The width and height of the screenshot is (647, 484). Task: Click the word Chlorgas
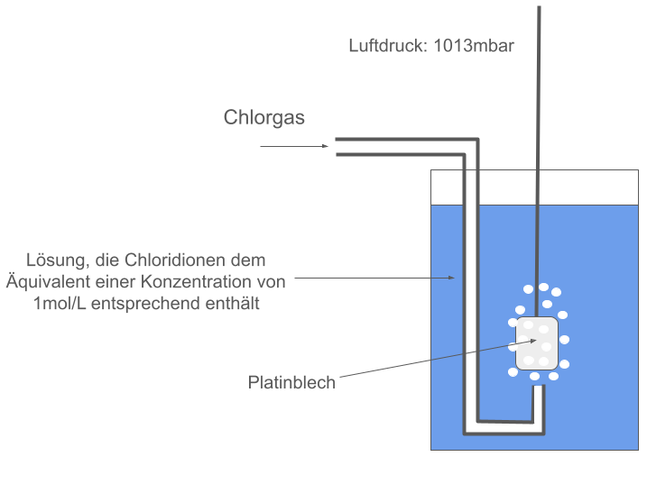coord(263,118)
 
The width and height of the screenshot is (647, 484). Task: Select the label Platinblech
coord(291,383)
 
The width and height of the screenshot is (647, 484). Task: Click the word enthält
coord(234,304)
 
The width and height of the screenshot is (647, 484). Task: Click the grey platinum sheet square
coord(536,343)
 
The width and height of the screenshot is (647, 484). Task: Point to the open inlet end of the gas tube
coord(337,147)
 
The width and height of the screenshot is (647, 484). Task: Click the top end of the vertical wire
coord(539,9)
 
